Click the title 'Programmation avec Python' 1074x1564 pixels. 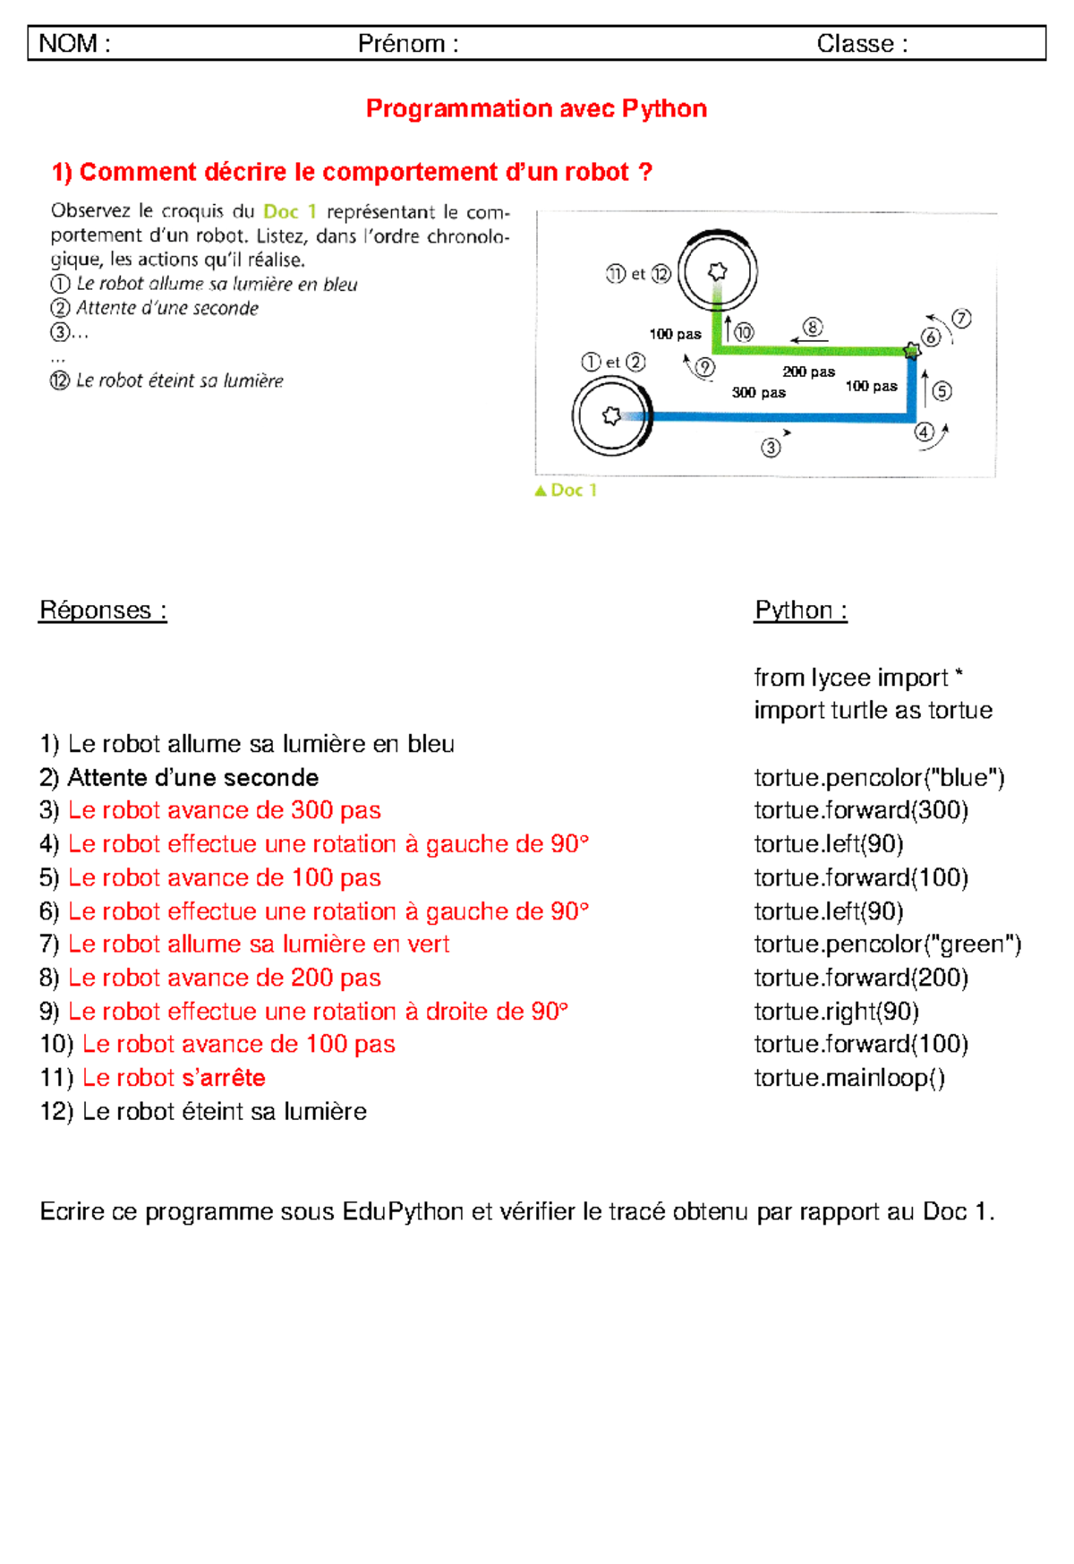[x=536, y=108]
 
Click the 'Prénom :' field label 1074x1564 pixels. [x=408, y=43]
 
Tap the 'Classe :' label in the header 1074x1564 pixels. [x=861, y=43]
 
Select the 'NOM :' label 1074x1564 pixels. [x=74, y=43]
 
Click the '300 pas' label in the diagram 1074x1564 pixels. [x=758, y=392]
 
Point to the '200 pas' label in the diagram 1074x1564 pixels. [x=808, y=372]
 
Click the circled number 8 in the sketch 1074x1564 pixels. [x=813, y=327]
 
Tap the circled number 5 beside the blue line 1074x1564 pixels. [x=942, y=391]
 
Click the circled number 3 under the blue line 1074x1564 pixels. [x=771, y=447]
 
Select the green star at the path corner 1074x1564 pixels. [x=911, y=351]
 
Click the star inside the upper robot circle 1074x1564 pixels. [x=717, y=271]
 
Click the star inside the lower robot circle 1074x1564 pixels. [x=611, y=415]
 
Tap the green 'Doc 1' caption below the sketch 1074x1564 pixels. [x=566, y=490]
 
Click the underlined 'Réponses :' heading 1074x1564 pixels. [x=103, y=610]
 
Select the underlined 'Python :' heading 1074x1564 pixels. [x=800, y=610]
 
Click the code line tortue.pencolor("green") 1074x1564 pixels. [x=887, y=944]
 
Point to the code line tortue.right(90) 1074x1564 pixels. [x=836, y=1011]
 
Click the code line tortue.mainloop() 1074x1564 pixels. [x=848, y=1077]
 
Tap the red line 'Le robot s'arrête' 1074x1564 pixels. [x=174, y=1077]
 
